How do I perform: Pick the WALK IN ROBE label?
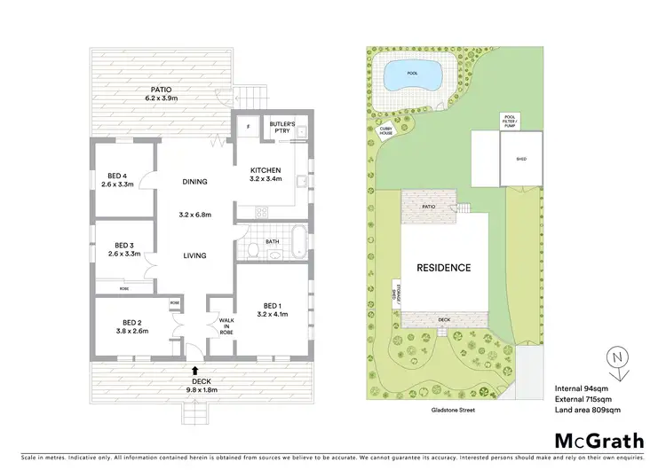(x=220, y=325)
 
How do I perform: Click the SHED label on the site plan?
(x=519, y=161)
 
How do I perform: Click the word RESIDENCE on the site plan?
(x=444, y=267)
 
